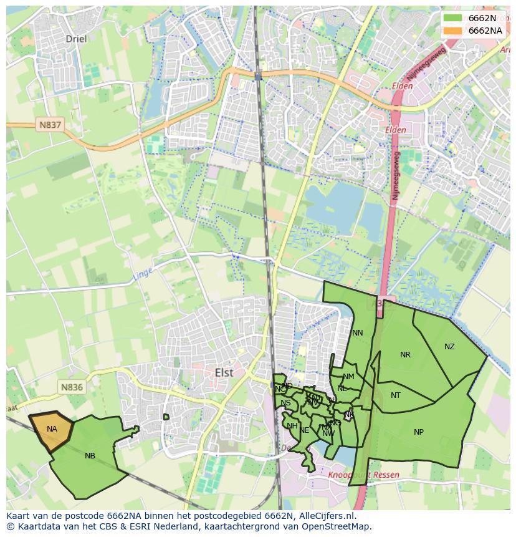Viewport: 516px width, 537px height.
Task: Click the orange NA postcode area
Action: (52, 429)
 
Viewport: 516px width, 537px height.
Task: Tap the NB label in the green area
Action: (90, 456)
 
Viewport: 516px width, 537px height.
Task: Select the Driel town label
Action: (77, 39)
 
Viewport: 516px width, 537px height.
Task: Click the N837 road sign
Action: (50, 125)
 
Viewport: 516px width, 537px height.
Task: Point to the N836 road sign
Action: (72, 387)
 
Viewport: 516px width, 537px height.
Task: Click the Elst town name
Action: (224, 372)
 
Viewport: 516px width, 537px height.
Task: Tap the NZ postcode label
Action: (449, 347)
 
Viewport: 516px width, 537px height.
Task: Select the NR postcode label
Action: (405, 355)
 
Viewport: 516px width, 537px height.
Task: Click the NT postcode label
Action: (396, 395)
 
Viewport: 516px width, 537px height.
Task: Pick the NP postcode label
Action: (419, 432)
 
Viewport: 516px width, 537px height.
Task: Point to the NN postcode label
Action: (357, 333)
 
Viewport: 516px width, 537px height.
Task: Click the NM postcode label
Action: (348, 377)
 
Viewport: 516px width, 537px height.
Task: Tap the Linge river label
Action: (142, 274)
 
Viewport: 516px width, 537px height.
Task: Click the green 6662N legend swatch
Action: (452, 18)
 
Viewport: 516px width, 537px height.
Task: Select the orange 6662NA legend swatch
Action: (452, 31)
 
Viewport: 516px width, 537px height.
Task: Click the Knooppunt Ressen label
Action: (363, 475)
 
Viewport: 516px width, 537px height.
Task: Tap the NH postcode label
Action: (292, 426)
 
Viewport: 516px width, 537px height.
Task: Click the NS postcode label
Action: (285, 403)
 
